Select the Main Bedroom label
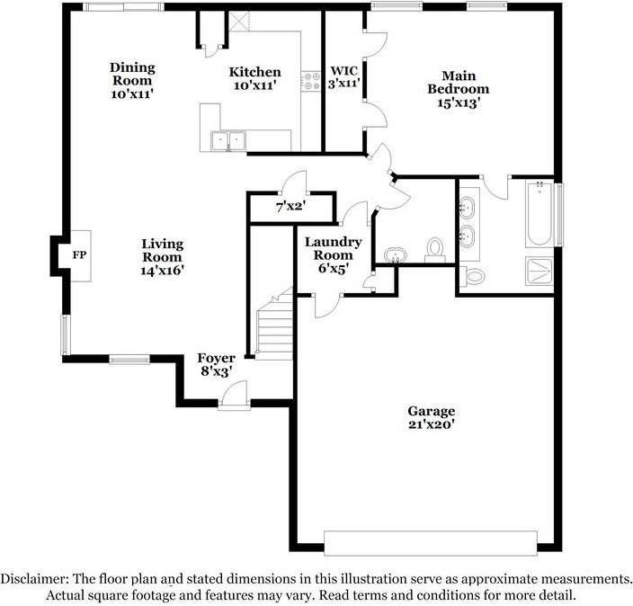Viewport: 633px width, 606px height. coord(458,89)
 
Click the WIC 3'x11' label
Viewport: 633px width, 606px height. coord(344,77)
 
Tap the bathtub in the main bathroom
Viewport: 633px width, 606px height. coord(538,214)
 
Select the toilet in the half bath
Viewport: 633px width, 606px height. coord(436,248)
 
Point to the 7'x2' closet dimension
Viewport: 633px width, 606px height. coord(290,207)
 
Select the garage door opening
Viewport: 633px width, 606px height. coord(430,543)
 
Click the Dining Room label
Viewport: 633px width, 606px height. coord(132,80)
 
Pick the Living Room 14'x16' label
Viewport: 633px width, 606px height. coord(162,257)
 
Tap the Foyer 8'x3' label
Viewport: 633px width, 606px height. coord(217,365)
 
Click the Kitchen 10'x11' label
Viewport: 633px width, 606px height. coord(254,79)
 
